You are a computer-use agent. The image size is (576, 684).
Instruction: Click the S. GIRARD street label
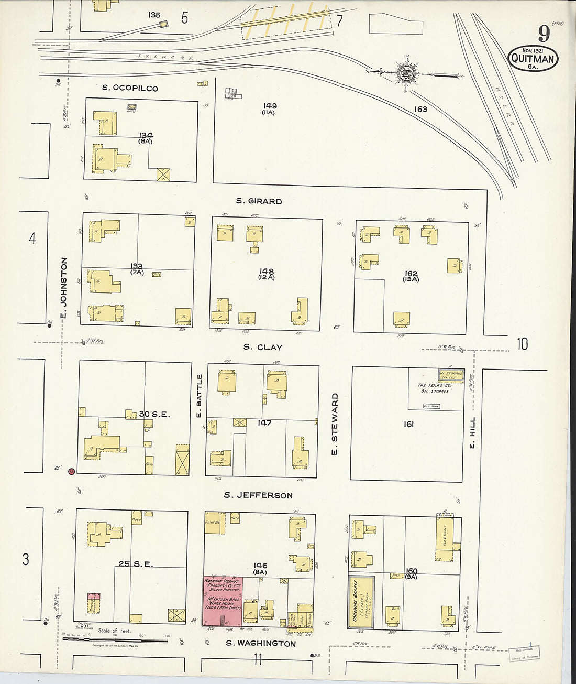pos(259,201)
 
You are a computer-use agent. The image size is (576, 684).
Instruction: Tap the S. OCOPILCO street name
pos(130,88)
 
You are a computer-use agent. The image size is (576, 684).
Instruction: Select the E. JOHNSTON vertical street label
pos(64,288)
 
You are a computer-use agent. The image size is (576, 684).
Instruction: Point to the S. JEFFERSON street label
pos(258,495)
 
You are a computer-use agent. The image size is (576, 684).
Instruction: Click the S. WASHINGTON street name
pos(261,644)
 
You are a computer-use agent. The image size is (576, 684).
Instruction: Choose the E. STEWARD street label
pos(335,424)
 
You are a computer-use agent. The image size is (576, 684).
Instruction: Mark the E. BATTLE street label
pos(200,396)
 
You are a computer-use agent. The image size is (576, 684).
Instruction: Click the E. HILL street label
pos(472,432)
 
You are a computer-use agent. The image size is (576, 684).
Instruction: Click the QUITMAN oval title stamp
pos(533,59)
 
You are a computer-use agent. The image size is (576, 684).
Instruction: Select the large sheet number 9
pos(544,34)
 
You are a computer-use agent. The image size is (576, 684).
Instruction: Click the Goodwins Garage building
pos(361,603)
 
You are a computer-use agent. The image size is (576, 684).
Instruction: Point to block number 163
pos(420,109)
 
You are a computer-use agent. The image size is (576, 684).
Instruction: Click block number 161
pos(408,424)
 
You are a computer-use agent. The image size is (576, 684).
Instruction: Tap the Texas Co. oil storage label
pos(434,388)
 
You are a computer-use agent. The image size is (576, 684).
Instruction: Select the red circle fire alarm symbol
pos(71,472)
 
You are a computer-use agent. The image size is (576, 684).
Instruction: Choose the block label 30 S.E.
pos(154,414)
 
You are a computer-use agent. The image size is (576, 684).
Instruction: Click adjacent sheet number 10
pos(522,344)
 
